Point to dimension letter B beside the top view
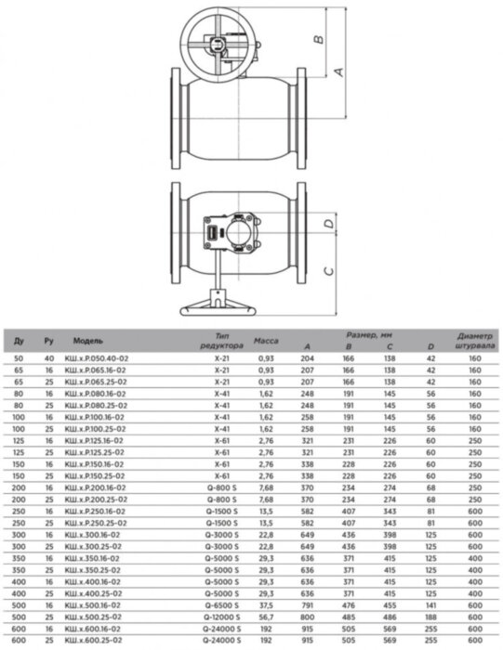(316, 39)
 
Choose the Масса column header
(266, 341)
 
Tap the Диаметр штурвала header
(474, 339)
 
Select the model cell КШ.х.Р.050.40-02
(101, 357)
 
